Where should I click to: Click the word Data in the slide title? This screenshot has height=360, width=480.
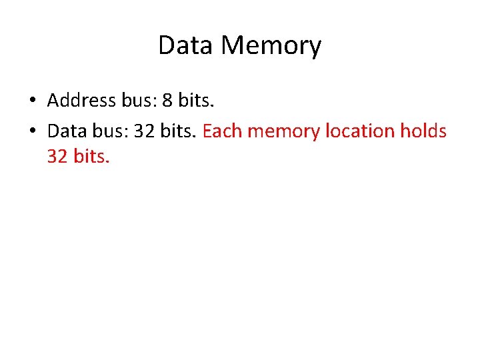pos(187,45)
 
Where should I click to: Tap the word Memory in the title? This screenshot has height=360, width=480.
pos(271,45)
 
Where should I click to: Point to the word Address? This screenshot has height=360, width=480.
pos(81,101)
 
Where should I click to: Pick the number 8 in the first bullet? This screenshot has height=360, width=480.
pos(167,101)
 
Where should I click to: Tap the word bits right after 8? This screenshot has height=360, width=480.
pos(194,101)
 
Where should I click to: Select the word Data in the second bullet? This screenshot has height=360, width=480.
pos(66,131)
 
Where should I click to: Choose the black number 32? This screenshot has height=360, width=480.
pos(144,131)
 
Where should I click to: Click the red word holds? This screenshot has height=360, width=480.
pos(423,131)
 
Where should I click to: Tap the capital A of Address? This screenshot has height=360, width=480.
pos(53,101)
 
